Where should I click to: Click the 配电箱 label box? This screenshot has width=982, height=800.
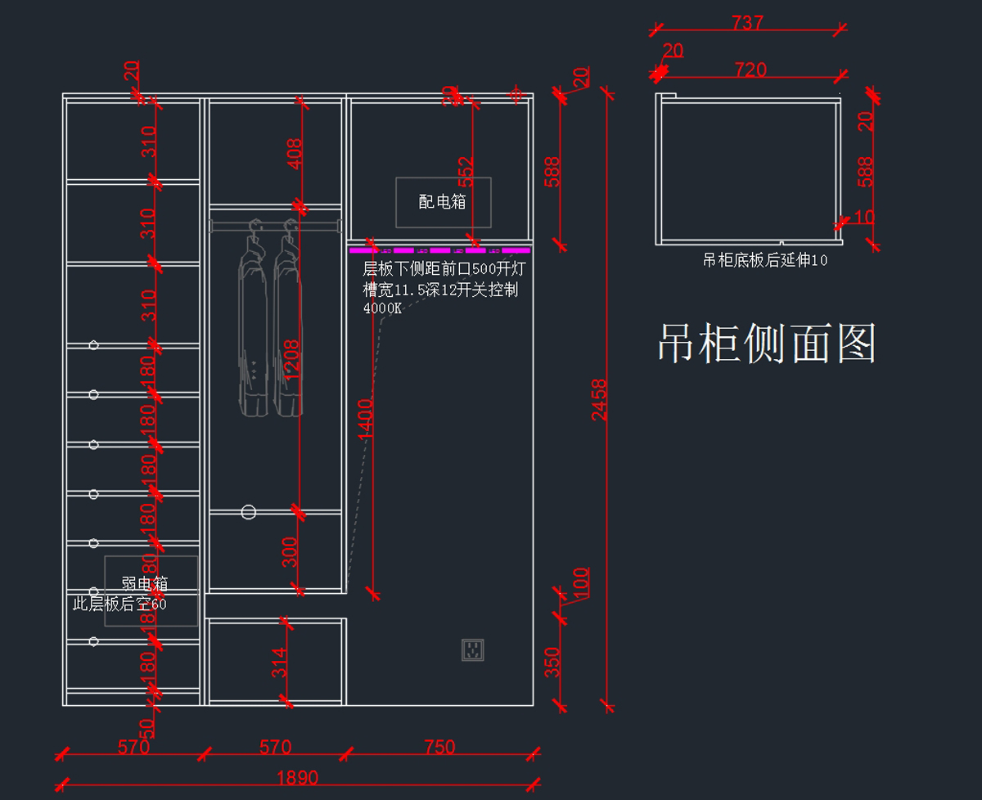click(443, 202)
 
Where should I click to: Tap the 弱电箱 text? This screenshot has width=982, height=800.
click(145, 584)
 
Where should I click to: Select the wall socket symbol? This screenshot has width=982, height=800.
click(472, 649)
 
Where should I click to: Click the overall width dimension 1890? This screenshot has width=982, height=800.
click(297, 778)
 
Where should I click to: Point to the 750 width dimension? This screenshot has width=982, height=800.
click(439, 747)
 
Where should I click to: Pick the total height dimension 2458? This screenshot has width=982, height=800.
click(600, 399)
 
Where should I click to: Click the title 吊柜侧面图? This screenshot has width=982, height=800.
click(767, 344)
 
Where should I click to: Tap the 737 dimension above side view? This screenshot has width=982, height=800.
click(748, 23)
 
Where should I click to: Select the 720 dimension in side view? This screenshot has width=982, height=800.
click(750, 70)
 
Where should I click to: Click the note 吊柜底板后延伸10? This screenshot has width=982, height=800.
click(765, 261)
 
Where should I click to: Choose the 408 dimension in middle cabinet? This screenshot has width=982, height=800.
click(295, 153)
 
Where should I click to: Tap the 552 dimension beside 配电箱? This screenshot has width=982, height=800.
click(465, 173)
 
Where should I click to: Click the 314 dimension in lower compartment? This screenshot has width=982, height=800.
click(279, 663)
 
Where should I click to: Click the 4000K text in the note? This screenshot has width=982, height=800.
click(382, 308)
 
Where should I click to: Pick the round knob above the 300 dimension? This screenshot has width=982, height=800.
click(249, 512)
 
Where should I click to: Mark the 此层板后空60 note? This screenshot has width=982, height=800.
click(119, 604)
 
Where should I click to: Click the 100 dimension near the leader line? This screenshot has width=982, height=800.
click(580, 582)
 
